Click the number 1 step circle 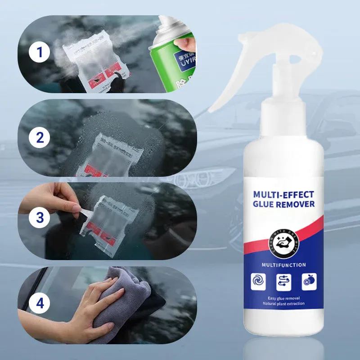pyautogui.click(x=40, y=53)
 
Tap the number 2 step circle pyautogui.click(x=40, y=137)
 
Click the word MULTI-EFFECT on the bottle pyautogui.click(x=283, y=194)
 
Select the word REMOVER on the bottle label pyautogui.click(x=298, y=205)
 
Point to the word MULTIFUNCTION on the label pyautogui.click(x=283, y=265)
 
